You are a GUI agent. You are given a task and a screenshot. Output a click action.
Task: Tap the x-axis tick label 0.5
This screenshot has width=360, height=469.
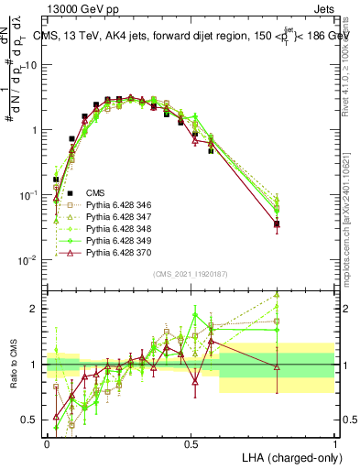[191, 443]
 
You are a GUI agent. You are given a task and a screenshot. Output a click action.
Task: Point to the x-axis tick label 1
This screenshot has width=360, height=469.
[334, 443]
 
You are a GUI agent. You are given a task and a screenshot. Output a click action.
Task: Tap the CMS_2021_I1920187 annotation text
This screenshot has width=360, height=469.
[190, 274]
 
